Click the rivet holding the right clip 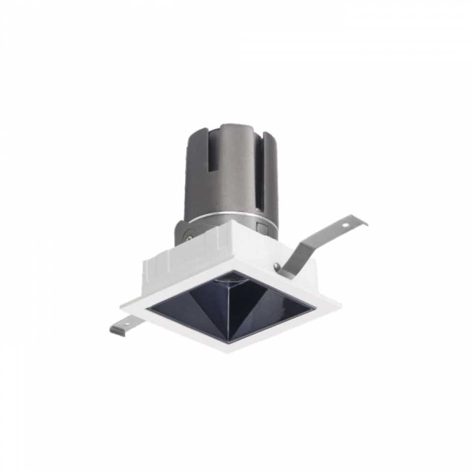277,267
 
